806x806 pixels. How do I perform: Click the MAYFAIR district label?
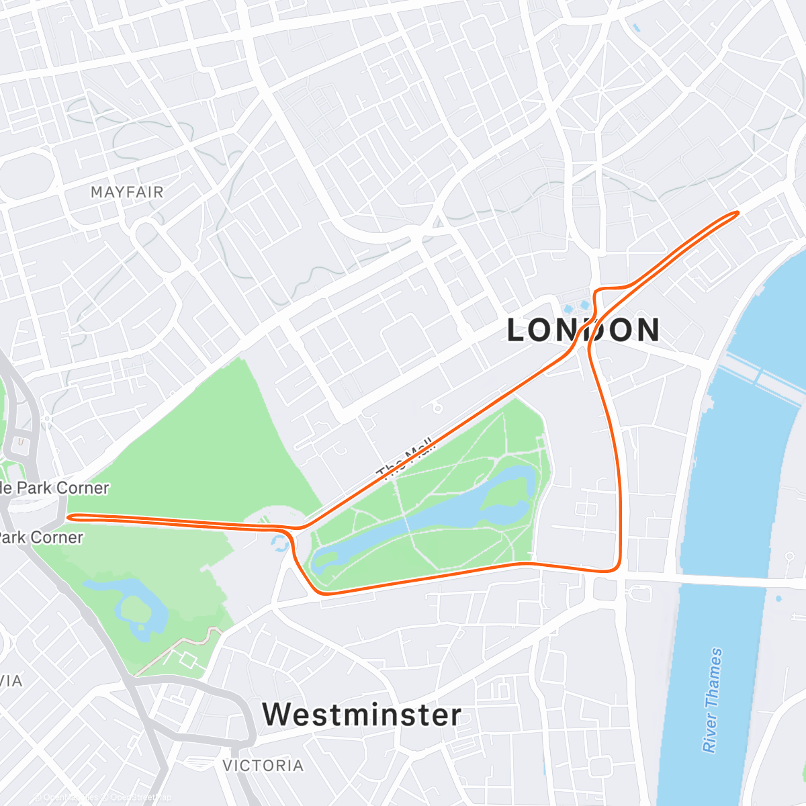(x=127, y=193)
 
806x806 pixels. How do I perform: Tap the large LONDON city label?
(x=583, y=330)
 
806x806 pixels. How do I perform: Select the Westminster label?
(x=362, y=715)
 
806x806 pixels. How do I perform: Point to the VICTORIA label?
(x=263, y=766)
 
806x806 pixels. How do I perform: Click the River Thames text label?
(x=713, y=699)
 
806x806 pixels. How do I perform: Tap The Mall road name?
(x=407, y=461)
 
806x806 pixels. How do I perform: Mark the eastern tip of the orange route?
(x=737, y=213)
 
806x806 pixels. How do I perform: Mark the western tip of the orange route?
(x=69, y=517)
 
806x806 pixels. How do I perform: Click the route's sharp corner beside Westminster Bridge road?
(x=617, y=570)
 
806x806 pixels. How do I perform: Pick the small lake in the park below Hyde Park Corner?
(x=134, y=604)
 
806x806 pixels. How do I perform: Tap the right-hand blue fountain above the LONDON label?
(x=585, y=306)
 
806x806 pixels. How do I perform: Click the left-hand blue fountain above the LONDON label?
(x=569, y=310)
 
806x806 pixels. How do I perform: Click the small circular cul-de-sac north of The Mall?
(x=437, y=408)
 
